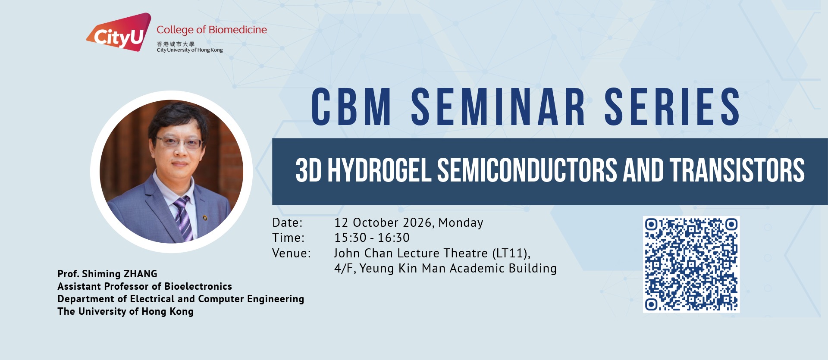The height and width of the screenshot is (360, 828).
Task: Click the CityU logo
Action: click(119, 32)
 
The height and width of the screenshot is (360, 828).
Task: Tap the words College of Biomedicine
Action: click(212, 30)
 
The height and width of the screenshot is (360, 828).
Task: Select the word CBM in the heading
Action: click(351, 107)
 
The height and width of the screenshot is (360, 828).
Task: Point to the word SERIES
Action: click(672, 107)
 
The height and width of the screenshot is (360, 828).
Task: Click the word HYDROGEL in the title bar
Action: click(379, 170)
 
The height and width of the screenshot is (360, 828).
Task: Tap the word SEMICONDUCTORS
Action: click(527, 170)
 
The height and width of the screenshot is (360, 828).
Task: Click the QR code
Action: click(691, 264)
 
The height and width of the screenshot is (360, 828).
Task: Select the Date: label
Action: click(288, 222)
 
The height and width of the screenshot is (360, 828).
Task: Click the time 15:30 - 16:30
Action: click(372, 238)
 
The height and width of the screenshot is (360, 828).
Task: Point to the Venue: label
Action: click(292, 253)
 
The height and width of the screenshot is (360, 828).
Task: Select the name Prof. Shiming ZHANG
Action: click(107, 274)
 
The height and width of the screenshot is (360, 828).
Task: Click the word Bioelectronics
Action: click(198, 286)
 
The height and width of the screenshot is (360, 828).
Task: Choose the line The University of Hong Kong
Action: click(125, 311)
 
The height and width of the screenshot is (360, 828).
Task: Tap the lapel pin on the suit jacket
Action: click(205, 217)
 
